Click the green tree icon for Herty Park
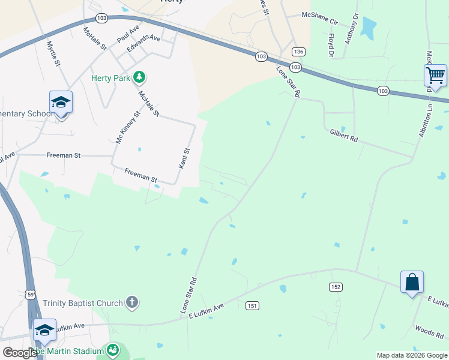click(139, 77)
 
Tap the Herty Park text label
click(110, 78)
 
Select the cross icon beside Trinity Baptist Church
click(132, 303)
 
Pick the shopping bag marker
click(412, 282)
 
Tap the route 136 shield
click(299, 52)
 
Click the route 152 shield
click(335, 287)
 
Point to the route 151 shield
click(252, 306)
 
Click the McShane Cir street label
click(320, 19)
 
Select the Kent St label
click(186, 158)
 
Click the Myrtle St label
click(54, 53)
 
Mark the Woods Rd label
click(429, 332)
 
